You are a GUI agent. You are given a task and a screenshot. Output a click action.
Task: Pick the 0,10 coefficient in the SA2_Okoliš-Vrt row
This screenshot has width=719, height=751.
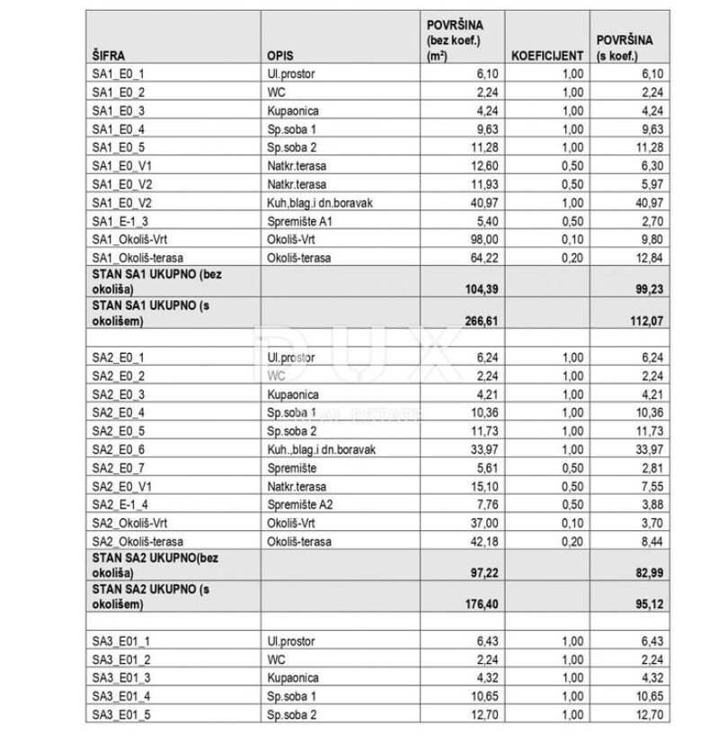573,523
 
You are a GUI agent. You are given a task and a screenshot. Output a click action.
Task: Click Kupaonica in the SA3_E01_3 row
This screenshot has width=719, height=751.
292,677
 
